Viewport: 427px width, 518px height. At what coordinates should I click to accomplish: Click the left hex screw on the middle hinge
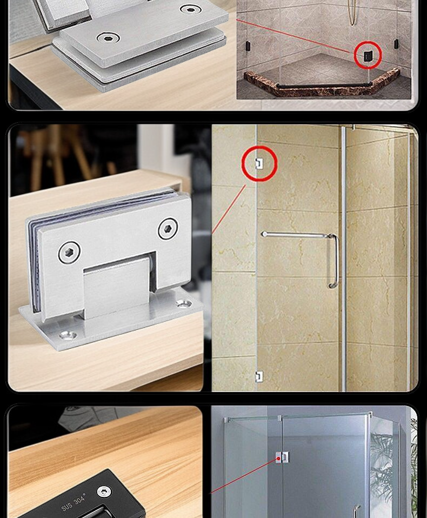(69, 253)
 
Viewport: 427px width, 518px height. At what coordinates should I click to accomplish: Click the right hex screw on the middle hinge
(168, 229)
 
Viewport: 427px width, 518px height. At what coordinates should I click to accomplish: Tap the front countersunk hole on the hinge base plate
(68, 336)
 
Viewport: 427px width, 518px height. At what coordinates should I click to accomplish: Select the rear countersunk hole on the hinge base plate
(183, 303)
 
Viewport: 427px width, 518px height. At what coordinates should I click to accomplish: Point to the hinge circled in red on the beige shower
(259, 163)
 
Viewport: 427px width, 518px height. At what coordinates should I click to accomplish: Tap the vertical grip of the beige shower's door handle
(333, 261)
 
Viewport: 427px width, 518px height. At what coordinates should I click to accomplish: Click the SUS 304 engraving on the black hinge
(74, 502)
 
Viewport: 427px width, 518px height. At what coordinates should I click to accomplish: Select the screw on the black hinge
(104, 492)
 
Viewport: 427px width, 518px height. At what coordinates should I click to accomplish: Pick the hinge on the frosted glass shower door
(282, 457)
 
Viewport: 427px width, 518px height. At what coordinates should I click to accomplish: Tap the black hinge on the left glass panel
(247, 47)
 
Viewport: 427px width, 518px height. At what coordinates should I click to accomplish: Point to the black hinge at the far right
(396, 44)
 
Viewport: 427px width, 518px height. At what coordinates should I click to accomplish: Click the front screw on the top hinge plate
(108, 38)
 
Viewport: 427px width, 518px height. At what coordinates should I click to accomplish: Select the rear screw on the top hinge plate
(190, 9)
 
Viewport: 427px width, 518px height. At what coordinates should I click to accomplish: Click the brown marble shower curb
(322, 83)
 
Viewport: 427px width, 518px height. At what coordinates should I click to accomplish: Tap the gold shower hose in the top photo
(353, 12)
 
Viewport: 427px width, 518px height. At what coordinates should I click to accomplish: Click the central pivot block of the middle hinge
(116, 288)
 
